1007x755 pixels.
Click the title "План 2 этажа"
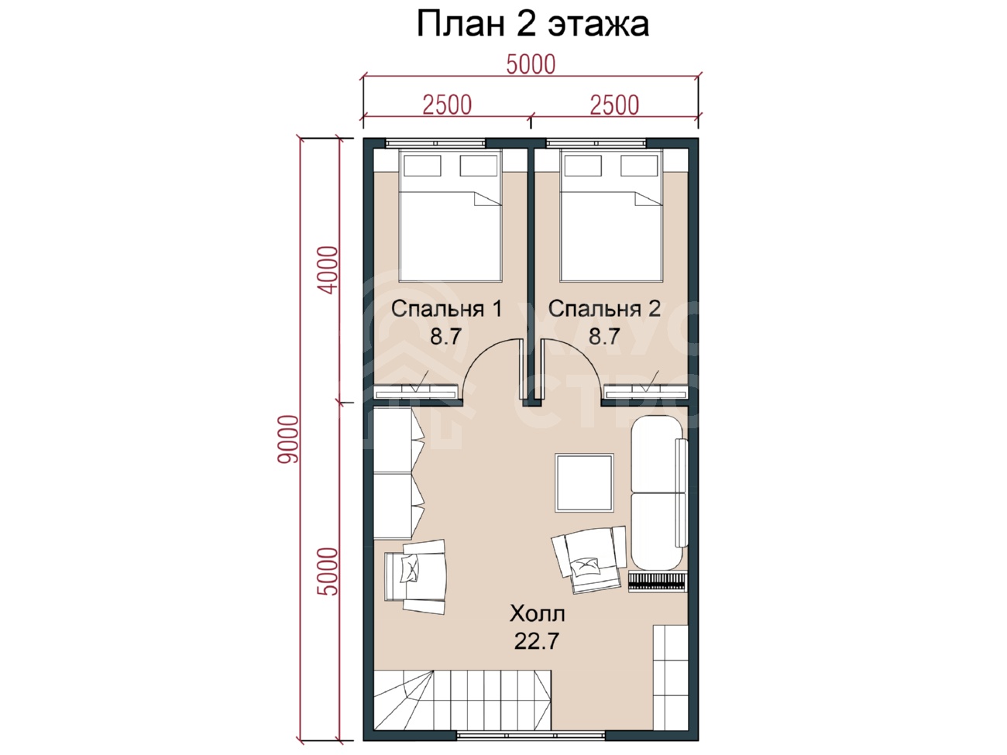click(x=532, y=24)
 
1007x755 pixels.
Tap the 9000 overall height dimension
click(x=289, y=439)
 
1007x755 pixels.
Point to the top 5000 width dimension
click(x=531, y=64)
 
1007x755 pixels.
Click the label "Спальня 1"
click(x=446, y=309)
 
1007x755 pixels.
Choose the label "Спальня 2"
click(x=604, y=309)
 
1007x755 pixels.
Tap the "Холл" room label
click(x=537, y=613)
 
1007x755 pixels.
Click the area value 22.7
click(x=536, y=641)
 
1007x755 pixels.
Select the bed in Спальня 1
click(x=450, y=215)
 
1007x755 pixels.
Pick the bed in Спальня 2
click(x=611, y=215)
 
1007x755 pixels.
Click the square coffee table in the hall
click(x=584, y=482)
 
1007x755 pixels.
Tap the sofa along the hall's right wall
click(x=658, y=493)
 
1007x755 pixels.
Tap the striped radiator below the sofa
click(x=658, y=582)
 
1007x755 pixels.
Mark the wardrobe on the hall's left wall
click(x=398, y=473)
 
